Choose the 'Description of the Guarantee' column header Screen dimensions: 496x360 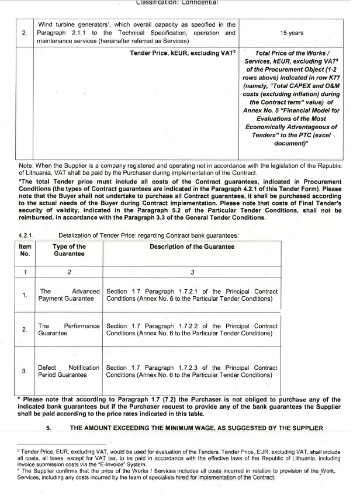192,247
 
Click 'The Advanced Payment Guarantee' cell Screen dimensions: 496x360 69,295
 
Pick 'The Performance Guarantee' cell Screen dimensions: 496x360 69,329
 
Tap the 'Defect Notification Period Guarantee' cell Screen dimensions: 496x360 69,372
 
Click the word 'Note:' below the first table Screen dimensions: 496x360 27,165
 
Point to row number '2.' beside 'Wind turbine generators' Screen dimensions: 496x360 24,33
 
